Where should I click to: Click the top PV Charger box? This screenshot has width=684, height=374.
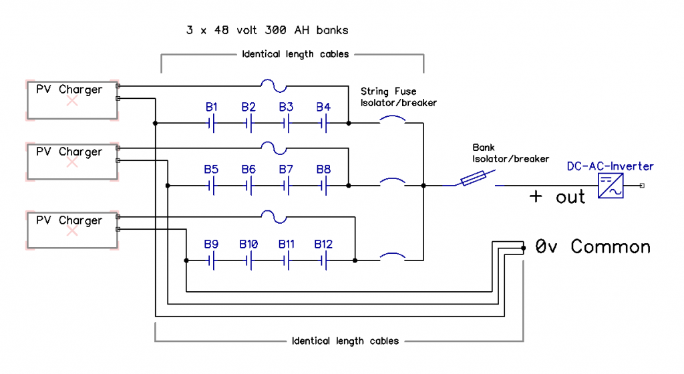point(71,100)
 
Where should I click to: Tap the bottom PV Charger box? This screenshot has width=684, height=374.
point(71,230)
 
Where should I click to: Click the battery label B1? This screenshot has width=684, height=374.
point(212,107)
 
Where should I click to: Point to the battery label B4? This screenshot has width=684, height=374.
point(323,107)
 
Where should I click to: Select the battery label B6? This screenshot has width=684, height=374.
point(248,169)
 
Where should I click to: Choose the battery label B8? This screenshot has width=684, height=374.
point(323,169)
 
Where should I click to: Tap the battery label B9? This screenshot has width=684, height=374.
point(211,244)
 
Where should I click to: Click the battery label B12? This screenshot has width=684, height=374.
point(323,244)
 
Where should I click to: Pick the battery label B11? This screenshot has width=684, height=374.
point(286,244)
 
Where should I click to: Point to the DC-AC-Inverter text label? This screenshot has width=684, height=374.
point(610,166)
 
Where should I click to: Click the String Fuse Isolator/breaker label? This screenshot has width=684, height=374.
point(398,97)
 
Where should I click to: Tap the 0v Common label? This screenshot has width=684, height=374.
point(592,247)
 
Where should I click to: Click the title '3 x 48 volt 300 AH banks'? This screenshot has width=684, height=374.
point(267,30)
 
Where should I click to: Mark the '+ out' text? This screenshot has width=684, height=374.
point(557,196)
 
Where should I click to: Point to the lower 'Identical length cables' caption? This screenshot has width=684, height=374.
point(345,341)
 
